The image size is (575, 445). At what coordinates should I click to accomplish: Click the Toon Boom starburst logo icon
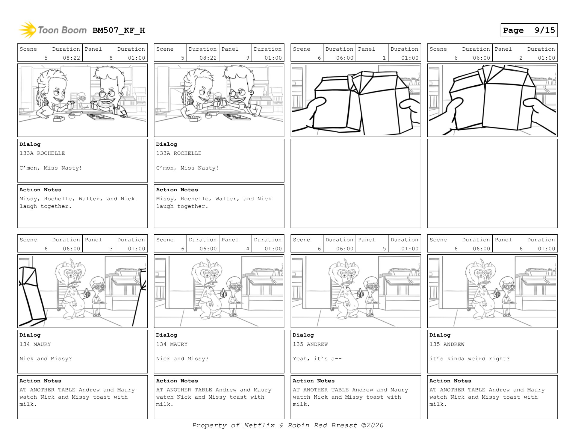27,30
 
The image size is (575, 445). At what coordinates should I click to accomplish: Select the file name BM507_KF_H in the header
119,30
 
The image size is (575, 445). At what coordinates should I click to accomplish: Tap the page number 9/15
545,30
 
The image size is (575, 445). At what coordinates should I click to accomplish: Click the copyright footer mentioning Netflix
287,425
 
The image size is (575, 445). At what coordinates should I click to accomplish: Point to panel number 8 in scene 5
111,58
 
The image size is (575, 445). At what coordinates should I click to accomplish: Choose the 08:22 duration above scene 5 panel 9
208,58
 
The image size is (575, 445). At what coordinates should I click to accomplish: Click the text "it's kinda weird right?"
469,359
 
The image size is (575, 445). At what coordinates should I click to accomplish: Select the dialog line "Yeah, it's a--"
317,359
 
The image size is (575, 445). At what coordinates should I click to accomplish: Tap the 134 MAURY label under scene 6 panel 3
35,344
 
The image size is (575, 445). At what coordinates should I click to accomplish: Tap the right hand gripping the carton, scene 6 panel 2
541,114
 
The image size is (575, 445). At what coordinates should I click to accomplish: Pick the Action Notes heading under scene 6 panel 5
314,381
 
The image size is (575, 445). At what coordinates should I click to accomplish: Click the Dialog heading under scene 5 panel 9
167,144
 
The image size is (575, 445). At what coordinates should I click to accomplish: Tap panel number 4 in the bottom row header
248,249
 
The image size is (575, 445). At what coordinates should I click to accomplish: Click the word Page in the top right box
513,30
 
